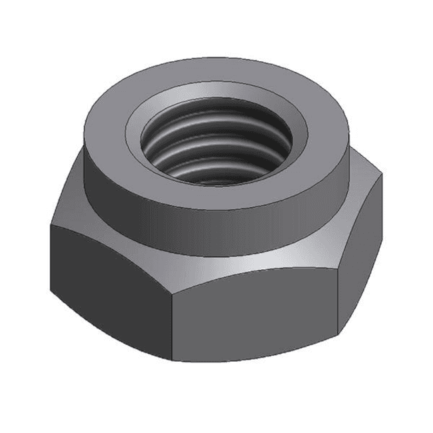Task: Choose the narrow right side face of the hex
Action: coord(360,266)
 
